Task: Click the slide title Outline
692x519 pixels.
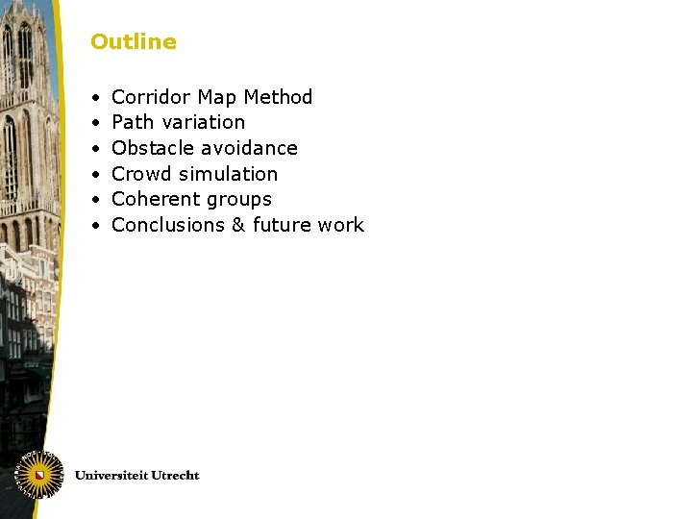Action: click(x=134, y=42)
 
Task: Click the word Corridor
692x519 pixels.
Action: click(x=152, y=97)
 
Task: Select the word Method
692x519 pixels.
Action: click(x=279, y=97)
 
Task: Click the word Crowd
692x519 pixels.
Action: click(x=140, y=174)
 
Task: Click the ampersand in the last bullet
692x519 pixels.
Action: click(x=239, y=225)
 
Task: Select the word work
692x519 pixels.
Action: click(x=341, y=225)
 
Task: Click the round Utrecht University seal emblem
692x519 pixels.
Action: click(x=39, y=475)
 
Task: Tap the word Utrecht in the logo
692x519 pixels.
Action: click(x=174, y=475)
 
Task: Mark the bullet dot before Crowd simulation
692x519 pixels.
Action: click(x=97, y=174)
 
